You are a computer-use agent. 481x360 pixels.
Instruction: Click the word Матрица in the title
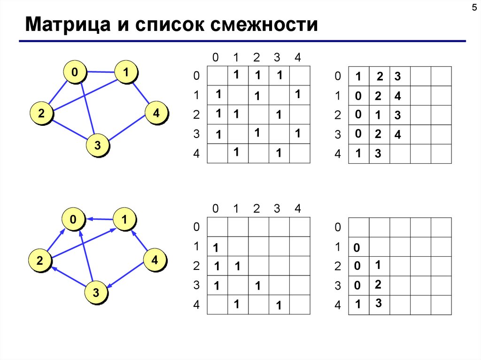click(68, 24)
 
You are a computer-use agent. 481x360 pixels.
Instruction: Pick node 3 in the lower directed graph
click(96, 293)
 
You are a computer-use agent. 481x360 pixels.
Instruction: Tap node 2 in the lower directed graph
click(40, 261)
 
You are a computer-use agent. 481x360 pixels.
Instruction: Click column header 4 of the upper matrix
click(297, 58)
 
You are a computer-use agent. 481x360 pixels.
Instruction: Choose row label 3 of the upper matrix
click(196, 135)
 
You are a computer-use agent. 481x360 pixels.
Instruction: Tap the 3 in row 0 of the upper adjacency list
click(397, 76)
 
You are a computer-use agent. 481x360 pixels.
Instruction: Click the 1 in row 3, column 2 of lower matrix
click(257, 285)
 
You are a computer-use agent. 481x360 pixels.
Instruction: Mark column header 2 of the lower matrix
click(256, 209)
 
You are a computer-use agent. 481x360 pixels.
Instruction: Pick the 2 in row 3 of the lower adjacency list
click(378, 284)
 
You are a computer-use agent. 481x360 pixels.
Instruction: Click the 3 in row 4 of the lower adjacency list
click(378, 304)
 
